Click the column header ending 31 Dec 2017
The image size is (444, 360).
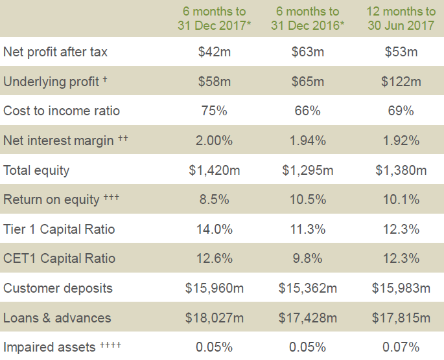214,19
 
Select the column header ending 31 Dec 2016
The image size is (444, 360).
307,19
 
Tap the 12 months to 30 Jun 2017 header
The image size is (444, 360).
400,19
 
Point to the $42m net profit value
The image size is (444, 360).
214,52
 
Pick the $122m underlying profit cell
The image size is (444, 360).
400,82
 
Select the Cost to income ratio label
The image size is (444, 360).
62,111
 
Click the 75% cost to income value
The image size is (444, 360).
214,111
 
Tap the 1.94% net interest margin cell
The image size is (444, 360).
307,141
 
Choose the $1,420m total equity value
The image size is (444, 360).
214,170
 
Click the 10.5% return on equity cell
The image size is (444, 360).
307,199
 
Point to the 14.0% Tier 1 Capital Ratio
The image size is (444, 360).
214,229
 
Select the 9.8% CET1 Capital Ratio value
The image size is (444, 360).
307,258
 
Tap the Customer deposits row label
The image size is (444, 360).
58,288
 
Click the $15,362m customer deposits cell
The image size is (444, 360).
307,288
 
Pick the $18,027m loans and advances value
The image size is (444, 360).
214,318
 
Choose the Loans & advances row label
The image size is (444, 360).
57,318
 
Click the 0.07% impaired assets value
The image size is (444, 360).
400,347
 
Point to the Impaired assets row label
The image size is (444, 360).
51,347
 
